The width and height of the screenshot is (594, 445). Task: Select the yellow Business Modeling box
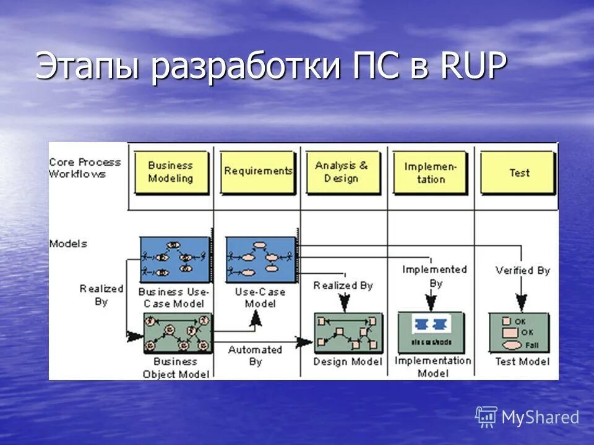point(170,172)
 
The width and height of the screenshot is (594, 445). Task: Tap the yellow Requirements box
point(257,171)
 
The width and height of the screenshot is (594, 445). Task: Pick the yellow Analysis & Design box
point(342,172)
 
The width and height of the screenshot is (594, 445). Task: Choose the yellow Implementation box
point(430,172)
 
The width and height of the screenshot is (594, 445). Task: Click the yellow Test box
point(519,172)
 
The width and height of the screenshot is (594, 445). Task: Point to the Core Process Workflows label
point(85,168)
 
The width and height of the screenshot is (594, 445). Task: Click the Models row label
point(68,244)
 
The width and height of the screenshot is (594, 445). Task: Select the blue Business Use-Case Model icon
point(175,259)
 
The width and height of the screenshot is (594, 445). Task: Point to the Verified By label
point(522,271)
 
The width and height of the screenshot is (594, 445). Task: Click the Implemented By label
point(434,276)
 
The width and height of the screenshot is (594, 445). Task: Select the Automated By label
point(255,355)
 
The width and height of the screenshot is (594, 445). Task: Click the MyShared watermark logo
point(527,417)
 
